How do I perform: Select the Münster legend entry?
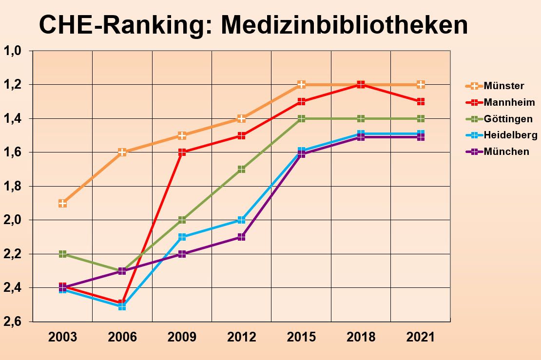504,86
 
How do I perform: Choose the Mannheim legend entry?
509,102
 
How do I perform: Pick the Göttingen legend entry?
508,119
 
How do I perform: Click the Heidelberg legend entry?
510,135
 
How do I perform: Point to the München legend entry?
506,152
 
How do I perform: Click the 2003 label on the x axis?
62,337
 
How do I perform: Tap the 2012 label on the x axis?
242,337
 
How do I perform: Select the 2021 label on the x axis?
421,337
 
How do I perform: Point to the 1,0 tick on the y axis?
13,51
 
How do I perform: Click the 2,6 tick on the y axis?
13,322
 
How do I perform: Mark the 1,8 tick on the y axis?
13,186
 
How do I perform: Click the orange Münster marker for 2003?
62,203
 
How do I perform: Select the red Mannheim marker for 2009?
182,152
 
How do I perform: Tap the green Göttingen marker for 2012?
242,169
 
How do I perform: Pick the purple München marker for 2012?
242,237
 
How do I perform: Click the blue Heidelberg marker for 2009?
182,237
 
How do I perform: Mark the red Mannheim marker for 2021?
421,101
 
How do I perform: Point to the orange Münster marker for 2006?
122,152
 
